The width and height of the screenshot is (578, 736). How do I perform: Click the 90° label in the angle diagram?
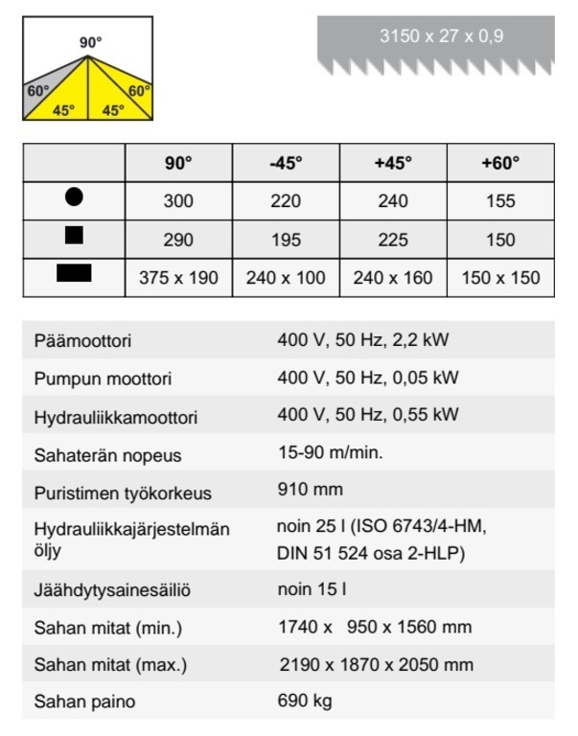91,43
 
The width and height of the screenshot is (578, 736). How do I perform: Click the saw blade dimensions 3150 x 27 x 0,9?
441,37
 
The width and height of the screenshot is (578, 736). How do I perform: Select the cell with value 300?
178,200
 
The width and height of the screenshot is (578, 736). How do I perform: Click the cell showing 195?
286,240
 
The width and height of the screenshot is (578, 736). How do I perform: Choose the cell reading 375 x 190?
178,278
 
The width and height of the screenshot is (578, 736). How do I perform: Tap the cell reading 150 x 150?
500,278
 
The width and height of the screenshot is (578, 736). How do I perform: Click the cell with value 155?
500,200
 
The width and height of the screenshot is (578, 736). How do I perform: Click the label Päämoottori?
82,341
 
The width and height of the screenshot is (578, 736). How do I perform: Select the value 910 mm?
310,491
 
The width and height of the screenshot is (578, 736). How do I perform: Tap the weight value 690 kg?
304,701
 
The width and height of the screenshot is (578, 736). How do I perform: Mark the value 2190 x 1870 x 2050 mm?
376,663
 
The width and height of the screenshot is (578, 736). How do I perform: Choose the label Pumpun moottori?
103,379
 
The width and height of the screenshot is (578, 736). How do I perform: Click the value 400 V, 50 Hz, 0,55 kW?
367,415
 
